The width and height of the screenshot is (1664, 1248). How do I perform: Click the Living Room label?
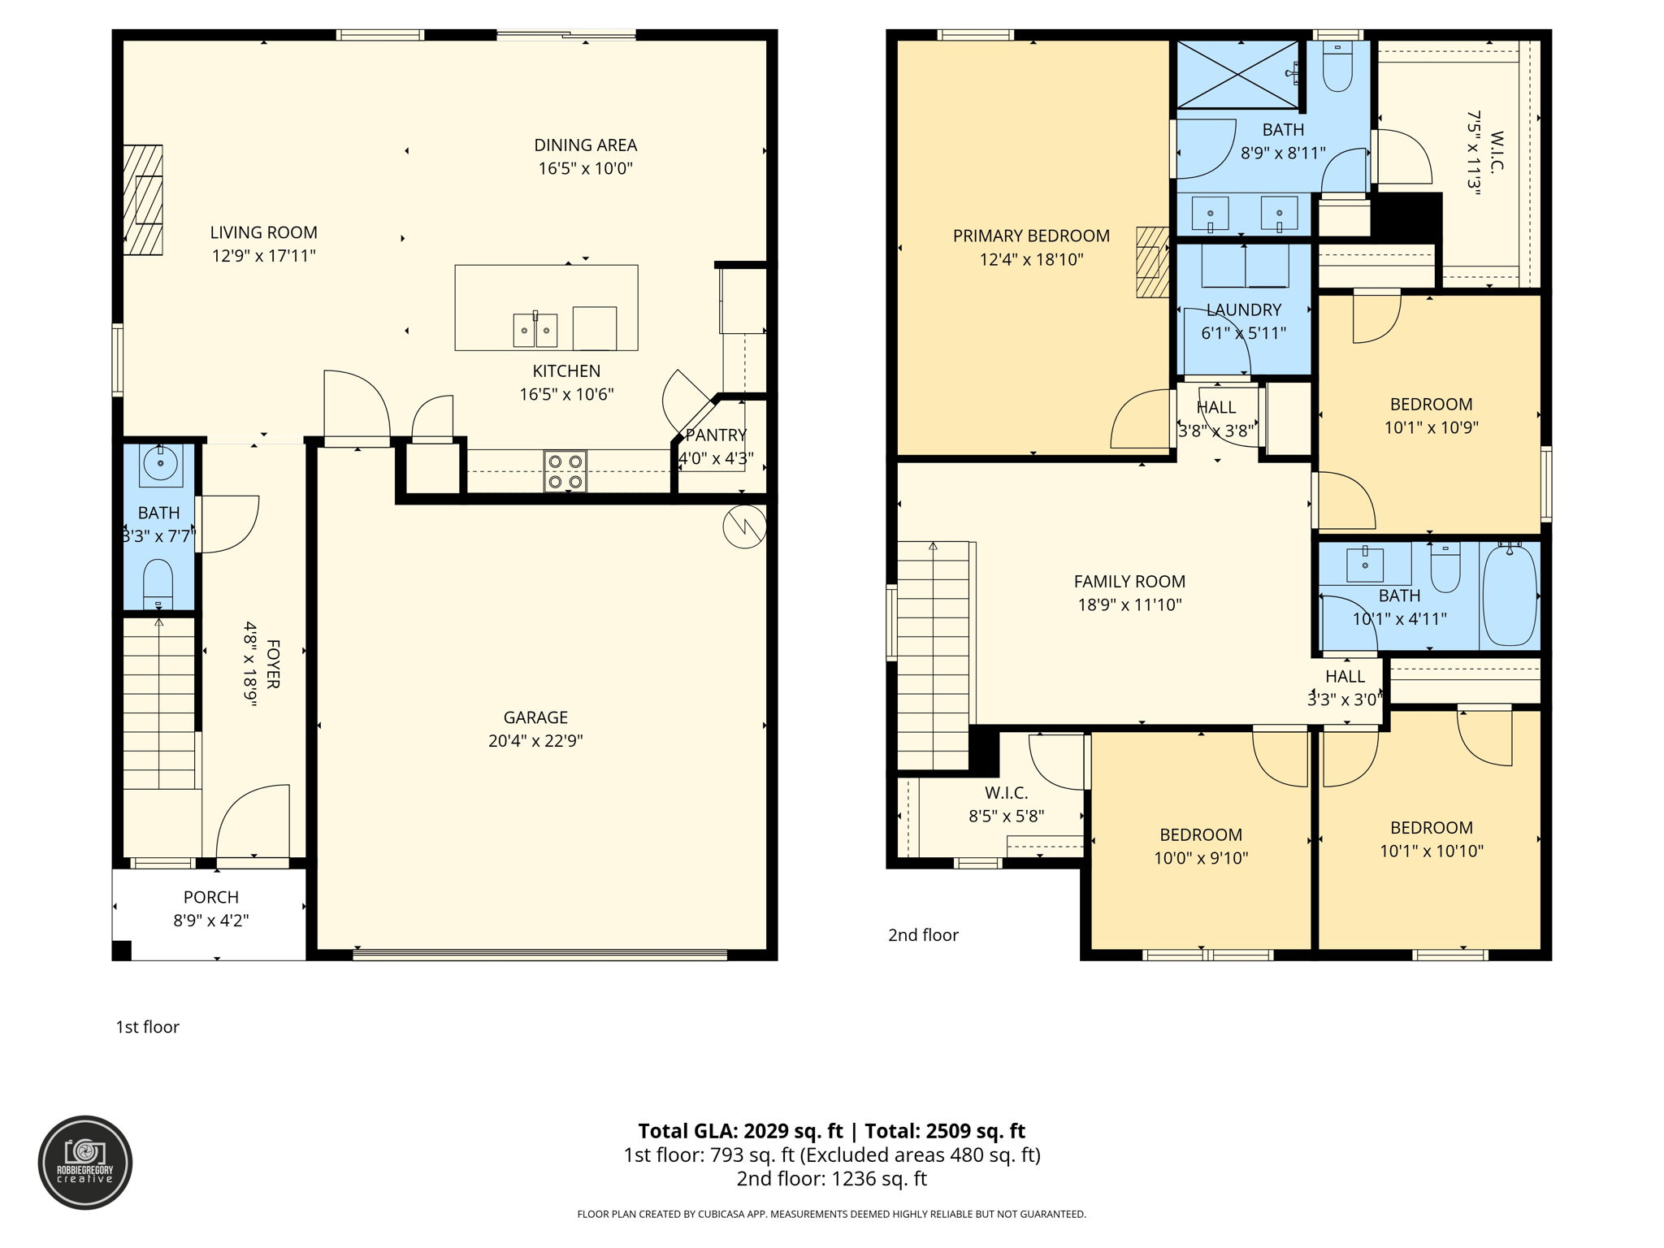(263, 232)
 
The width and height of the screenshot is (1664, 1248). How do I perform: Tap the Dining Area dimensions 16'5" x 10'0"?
(585, 169)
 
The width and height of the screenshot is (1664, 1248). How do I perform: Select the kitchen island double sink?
(535, 329)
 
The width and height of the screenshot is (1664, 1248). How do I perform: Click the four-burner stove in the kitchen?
(565, 471)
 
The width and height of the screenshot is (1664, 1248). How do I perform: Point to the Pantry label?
(716, 435)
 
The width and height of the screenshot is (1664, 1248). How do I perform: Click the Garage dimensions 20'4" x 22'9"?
(535, 741)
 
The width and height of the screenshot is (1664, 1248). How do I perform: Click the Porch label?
(210, 897)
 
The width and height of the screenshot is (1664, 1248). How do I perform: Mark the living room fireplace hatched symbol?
(143, 200)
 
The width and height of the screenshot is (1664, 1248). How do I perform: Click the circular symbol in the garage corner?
(743, 526)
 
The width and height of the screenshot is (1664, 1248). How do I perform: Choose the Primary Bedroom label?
(1031, 236)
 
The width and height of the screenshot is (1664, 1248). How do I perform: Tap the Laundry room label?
(1243, 310)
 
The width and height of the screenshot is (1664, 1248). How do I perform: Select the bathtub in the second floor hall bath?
(1510, 595)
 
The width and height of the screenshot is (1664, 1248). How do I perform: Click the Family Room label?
(1129, 581)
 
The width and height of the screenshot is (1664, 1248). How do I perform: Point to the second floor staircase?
(934, 655)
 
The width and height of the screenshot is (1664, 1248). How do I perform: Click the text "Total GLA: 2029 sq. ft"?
(740, 1131)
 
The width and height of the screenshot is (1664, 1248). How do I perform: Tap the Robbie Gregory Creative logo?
(85, 1163)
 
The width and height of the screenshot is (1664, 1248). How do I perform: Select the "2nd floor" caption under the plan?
(923, 935)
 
